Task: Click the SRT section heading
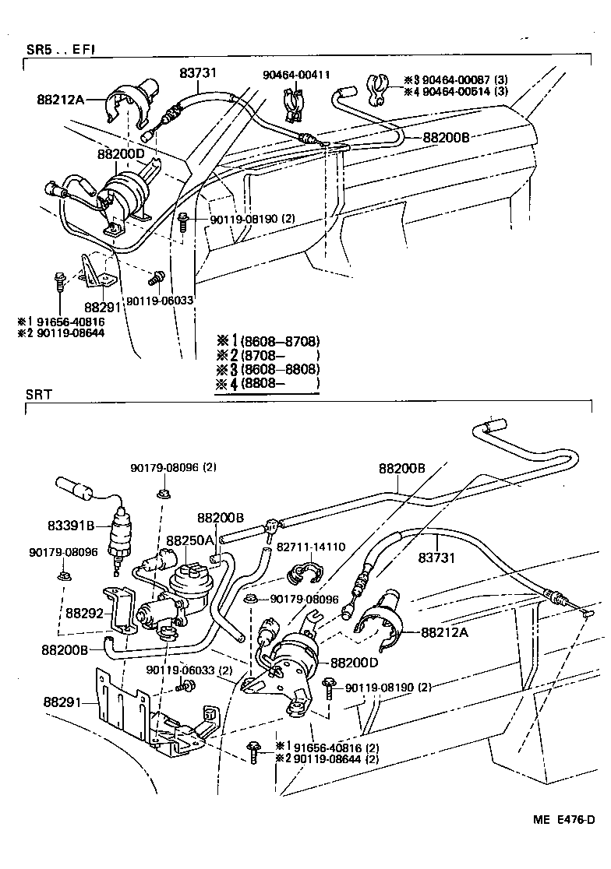[39, 394]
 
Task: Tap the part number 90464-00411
[296, 75]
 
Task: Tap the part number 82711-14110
[313, 547]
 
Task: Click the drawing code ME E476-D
[564, 819]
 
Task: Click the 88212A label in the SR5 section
[60, 99]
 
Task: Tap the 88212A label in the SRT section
[444, 632]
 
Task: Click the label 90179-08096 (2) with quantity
[173, 467]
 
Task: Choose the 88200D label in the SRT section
[355, 663]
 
